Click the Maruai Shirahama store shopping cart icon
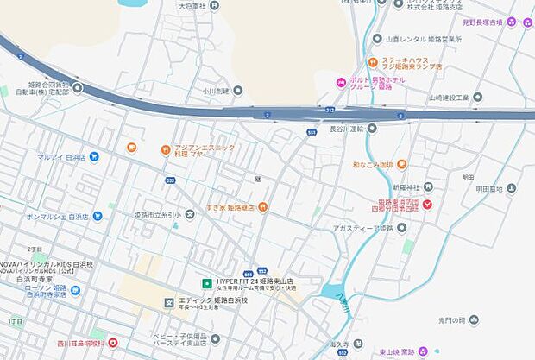[x=94, y=156]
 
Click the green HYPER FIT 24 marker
[x=207, y=282]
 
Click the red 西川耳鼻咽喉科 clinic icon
[x=111, y=342]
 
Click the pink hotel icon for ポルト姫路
[x=341, y=82]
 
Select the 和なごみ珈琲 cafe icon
[x=402, y=163]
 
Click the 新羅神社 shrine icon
[x=428, y=186]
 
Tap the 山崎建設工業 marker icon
[x=477, y=98]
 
